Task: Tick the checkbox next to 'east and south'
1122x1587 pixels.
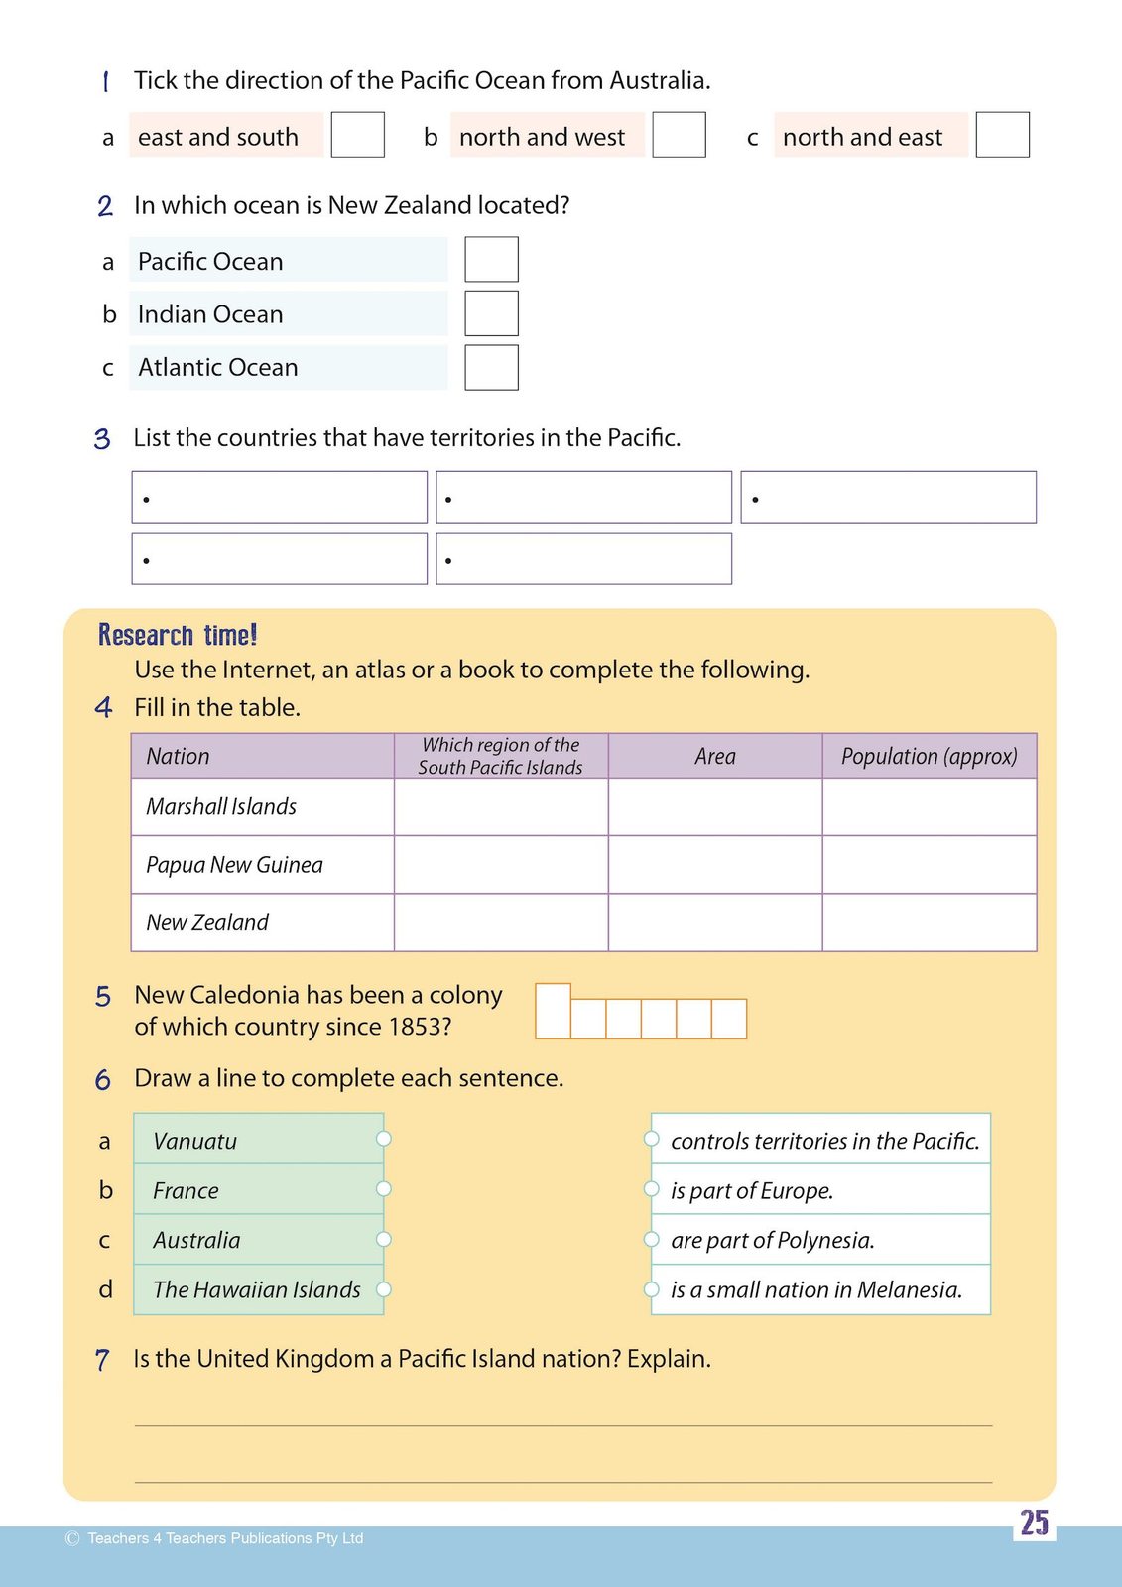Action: click(x=357, y=135)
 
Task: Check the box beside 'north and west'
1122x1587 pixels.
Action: click(x=679, y=135)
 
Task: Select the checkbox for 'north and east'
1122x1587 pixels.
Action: click(x=1002, y=135)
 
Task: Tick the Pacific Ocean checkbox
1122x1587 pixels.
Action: click(x=491, y=260)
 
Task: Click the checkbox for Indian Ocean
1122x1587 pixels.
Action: click(x=491, y=313)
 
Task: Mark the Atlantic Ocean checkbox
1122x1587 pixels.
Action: click(x=491, y=367)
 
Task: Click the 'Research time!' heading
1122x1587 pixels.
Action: click(x=178, y=635)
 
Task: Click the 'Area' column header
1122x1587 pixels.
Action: click(x=715, y=756)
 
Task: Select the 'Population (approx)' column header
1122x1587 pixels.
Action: click(x=929, y=756)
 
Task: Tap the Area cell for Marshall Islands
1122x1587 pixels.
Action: click(x=715, y=806)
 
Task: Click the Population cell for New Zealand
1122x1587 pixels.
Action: click(x=929, y=922)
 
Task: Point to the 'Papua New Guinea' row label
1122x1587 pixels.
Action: click(x=234, y=865)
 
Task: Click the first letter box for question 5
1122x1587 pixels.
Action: click(x=553, y=1011)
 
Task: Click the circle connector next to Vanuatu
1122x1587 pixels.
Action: click(x=384, y=1139)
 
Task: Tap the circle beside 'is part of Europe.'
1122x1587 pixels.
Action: click(x=652, y=1188)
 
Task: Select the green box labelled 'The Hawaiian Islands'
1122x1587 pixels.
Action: click(x=258, y=1289)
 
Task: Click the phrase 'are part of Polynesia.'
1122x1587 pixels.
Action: click(x=773, y=1240)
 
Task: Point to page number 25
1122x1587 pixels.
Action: click(x=1034, y=1523)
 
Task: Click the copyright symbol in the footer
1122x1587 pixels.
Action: click(x=72, y=1538)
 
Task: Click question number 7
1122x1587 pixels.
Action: click(x=102, y=1359)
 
